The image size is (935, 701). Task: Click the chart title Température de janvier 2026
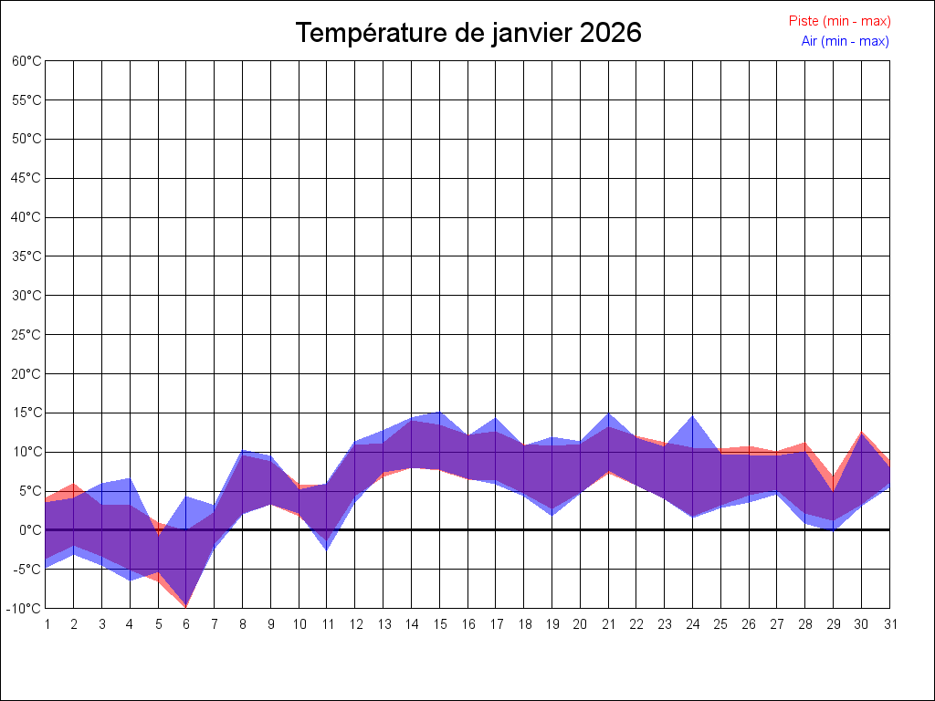point(468,33)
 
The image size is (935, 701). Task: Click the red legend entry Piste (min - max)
point(839,21)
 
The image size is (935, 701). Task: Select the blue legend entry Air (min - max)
point(845,41)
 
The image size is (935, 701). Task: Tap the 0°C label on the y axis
point(31,529)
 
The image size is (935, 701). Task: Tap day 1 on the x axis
point(46,624)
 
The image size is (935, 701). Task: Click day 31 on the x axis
point(889,624)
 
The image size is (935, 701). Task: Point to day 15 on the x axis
point(439,624)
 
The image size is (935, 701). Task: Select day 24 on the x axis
point(692,624)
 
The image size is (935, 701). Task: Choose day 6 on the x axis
point(186,624)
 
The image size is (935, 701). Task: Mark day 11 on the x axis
point(327,624)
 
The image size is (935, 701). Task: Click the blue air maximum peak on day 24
point(692,416)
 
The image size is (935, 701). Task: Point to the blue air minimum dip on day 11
point(327,549)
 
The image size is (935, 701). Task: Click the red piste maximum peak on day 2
point(74,484)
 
